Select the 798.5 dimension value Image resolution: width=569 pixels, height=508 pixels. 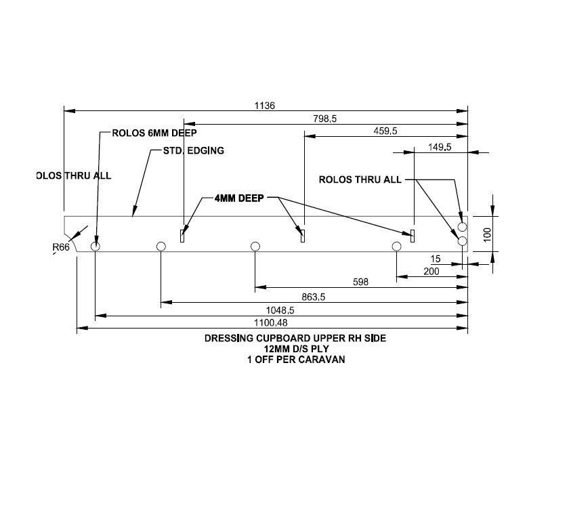pos(325,119)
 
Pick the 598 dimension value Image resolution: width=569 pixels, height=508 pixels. pos(361,282)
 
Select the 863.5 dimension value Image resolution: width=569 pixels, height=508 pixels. pos(314,297)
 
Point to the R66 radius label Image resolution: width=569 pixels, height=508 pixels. pos(62,248)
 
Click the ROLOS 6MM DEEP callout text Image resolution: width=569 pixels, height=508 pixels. pos(154,133)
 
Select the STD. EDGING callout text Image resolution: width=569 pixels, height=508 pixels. pos(193,150)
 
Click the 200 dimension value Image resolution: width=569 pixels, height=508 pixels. pos(431,272)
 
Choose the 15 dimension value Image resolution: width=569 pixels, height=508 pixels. pos(435,259)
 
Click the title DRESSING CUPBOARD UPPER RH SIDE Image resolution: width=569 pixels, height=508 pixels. pos(295,338)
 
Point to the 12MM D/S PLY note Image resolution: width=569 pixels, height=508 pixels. pos(295,349)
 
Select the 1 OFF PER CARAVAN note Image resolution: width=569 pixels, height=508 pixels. pos(295,360)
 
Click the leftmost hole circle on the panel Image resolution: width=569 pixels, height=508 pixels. pos(96,246)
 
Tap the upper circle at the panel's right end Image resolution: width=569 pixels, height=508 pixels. pos(462,227)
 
